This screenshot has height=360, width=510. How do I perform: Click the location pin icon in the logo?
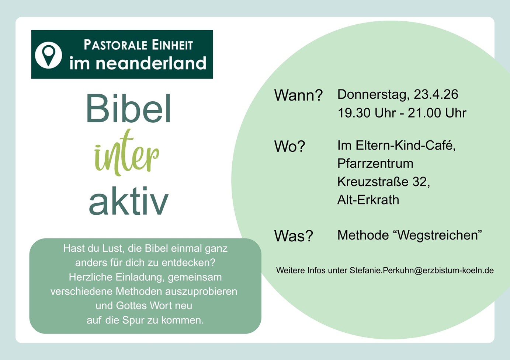pos(48,55)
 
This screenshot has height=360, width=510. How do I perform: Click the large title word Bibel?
pos(129,108)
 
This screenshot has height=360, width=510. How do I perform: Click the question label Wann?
pos(298,95)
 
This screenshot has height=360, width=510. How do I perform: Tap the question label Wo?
pos(289,146)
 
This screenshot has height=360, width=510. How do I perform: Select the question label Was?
pos(294,236)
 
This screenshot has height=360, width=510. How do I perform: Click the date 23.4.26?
pos(436,94)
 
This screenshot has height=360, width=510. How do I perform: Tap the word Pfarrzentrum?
pos(375,163)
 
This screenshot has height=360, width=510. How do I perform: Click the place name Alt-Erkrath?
pos(368,200)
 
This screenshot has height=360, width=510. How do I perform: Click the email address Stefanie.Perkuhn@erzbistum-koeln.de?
pos(421,270)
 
